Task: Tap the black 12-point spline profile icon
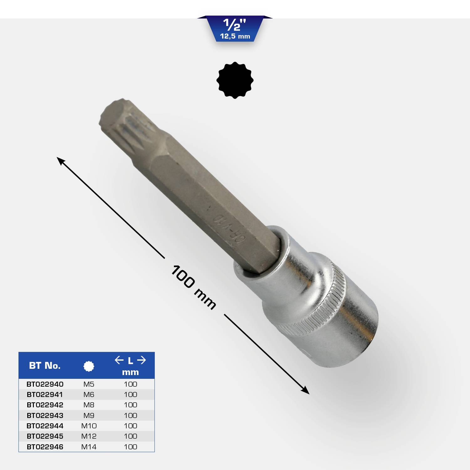(x=235, y=80)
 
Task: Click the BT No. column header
(x=45, y=366)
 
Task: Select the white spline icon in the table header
(x=89, y=366)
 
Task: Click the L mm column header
(x=130, y=366)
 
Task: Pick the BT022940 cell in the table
(x=45, y=384)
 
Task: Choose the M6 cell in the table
(x=89, y=394)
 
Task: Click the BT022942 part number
(x=45, y=405)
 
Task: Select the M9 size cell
(x=89, y=415)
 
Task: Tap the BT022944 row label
(x=45, y=426)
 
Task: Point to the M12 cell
(x=89, y=436)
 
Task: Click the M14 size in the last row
(x=89, y=447)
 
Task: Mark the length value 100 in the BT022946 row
(x=130, y=447)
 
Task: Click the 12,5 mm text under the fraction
(x=235, y=36)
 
